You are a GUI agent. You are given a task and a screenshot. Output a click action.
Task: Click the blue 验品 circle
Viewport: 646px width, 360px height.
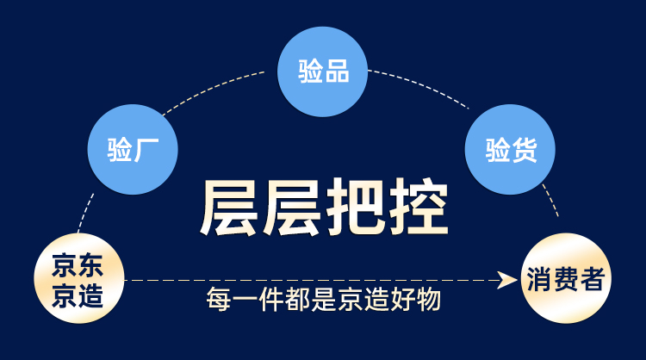[323, 71]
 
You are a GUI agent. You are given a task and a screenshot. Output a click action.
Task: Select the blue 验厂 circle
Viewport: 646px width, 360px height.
[133, 149]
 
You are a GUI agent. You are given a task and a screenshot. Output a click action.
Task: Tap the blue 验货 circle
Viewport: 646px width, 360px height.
[510, 149]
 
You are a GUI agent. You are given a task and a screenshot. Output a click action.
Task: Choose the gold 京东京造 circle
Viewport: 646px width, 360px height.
[78, 278]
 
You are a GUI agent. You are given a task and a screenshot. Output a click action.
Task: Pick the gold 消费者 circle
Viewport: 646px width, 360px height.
[566, 278]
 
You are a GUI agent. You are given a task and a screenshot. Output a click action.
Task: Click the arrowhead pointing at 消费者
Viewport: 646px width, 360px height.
[506, 280]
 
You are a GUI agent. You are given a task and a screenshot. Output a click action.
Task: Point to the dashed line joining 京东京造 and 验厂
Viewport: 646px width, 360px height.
[85, 213]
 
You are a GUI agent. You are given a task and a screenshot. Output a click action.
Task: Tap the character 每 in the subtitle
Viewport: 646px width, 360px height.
[219, 299]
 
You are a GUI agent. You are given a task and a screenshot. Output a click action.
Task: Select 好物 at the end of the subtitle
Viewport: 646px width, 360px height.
[416, 299]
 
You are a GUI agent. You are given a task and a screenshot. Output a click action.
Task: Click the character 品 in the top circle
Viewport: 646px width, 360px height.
[338, 71]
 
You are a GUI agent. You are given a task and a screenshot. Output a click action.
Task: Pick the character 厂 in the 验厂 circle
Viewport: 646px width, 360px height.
[146, 150]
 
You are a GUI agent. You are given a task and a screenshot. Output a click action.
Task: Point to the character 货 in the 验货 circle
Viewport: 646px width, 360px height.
[524, 150]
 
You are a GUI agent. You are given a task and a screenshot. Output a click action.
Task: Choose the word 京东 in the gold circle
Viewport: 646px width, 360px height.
[78, 265]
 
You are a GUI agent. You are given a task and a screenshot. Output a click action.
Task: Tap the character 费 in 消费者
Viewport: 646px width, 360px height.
[566, 279]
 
